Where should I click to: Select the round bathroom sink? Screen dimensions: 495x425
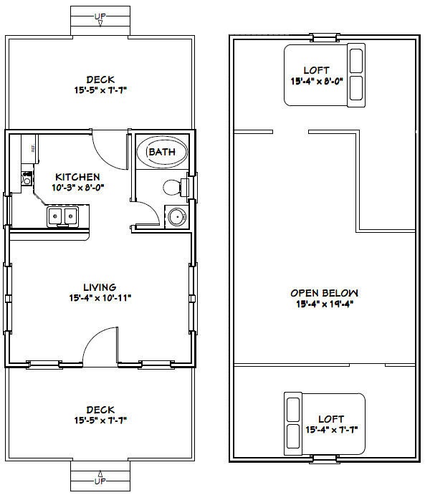tap(175, 216)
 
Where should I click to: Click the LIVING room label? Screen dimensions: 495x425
tap(100, 287)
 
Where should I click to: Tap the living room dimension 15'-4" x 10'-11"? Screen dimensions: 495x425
tap(100, 297)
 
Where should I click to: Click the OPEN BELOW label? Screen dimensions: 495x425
tap(324, 292)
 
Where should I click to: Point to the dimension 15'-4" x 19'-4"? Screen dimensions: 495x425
tap(324, 303)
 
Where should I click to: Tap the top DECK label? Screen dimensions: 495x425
tap(100, 80)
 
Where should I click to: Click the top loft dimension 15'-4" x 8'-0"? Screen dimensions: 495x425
tap(316, 81)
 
